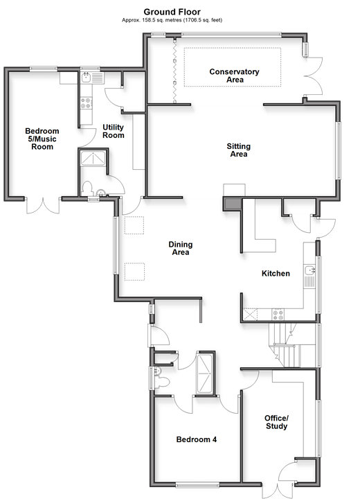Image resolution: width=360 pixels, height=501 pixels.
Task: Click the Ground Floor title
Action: point(172,12)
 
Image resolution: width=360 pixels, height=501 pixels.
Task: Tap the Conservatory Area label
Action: point(234,76)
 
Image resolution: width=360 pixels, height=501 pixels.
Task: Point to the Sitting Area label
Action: point(239,150)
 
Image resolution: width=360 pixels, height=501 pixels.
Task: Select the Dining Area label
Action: point(181,248)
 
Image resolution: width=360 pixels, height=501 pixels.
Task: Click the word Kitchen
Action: point(276,274)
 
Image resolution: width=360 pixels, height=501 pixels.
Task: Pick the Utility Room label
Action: point(114,132)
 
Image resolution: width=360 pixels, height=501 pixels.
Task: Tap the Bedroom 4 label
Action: point(197,439)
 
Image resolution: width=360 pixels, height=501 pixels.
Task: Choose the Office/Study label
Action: point(276,422)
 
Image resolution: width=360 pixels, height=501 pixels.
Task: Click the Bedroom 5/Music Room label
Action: point(42,139)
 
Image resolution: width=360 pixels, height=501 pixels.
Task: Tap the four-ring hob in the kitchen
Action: point(278,314)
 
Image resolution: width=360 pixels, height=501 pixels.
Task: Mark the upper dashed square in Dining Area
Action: point(134,225)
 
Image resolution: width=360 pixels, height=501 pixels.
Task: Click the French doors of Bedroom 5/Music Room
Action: point(43,206)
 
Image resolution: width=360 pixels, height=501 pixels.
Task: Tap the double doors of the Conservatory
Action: point(314,76)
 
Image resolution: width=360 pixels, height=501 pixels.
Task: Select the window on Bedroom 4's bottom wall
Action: point(197,484)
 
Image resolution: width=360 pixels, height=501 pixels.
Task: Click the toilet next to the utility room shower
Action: point(87,188)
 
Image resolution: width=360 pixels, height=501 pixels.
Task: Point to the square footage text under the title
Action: point(172,20)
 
